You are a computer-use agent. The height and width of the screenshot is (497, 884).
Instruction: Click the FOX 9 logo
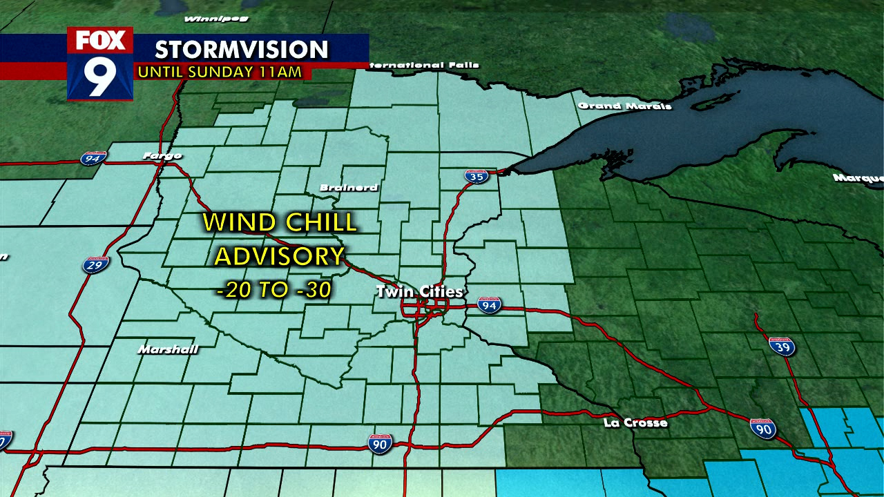click(100, 64)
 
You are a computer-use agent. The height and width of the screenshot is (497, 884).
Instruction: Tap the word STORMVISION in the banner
click(241, 50)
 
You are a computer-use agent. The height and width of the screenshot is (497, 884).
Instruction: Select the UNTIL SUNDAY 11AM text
click(220, 71)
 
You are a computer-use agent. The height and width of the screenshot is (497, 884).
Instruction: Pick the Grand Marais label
click(624, 106)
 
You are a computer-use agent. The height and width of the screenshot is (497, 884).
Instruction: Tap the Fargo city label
click(162, 155)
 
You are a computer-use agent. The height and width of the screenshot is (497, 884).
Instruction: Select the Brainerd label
click(349, 187)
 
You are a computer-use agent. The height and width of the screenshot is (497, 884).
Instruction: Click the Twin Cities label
click(419, 291)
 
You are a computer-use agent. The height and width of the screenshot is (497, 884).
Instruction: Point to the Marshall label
click(168, 349)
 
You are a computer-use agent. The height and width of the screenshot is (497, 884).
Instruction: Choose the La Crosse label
click(635, 422)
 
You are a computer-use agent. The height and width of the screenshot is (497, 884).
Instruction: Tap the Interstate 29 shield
click(96, 264)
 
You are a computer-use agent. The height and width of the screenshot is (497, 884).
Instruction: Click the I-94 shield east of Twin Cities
click(489, 305)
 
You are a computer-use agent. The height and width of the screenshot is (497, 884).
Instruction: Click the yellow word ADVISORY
click(279, 256)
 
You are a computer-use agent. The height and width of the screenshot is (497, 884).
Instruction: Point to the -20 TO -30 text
click(274, 291)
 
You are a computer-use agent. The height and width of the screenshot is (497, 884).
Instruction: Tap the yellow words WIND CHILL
click(280, 222)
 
